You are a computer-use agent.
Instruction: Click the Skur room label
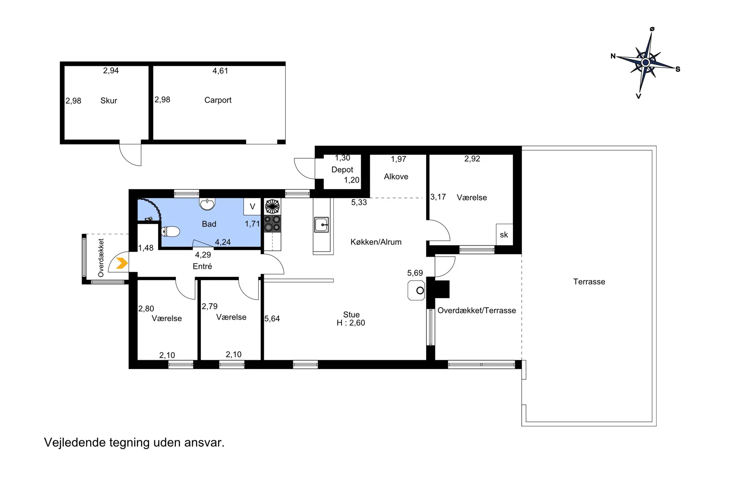109,101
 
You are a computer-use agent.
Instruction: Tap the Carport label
218,100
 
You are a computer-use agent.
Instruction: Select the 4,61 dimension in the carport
220,71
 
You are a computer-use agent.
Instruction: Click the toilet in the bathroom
170,232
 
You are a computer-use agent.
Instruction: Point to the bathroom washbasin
208,204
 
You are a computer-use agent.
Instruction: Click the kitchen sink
322,225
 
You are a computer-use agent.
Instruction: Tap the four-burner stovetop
272,223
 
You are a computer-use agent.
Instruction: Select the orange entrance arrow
122,263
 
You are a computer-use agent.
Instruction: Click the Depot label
342,170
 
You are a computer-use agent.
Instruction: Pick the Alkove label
396,177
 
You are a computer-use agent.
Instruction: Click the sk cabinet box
504,234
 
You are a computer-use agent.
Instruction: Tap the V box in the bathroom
252,206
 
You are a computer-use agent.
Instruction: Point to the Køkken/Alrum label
376,242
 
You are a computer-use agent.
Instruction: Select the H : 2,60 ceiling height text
351,323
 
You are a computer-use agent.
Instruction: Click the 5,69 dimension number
415,273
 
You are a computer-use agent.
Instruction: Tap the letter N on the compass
613,56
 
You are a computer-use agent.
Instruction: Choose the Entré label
203,266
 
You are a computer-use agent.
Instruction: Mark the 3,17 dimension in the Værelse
438,197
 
